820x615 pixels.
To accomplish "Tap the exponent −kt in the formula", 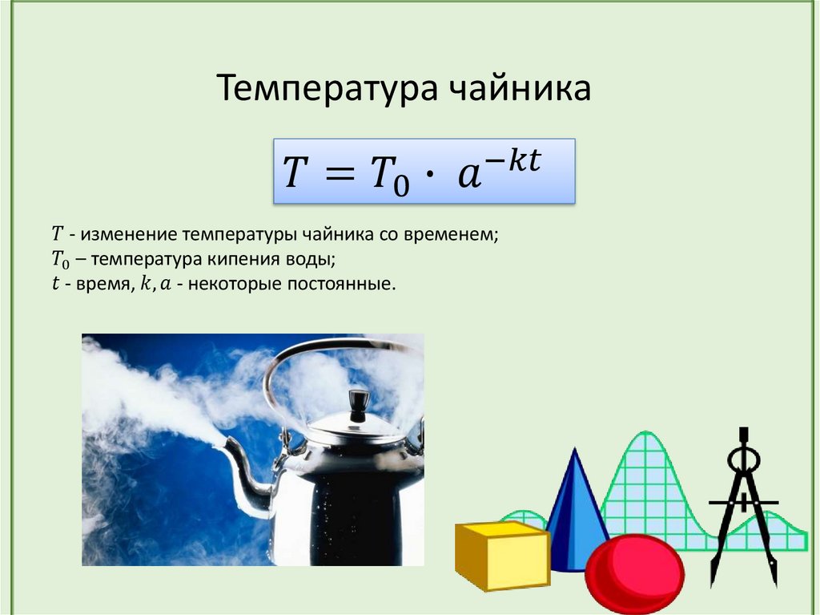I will tap(513, 160).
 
